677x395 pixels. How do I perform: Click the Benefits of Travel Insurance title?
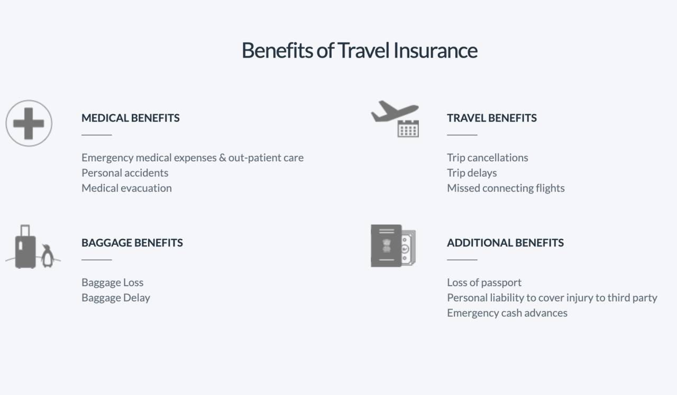[x=359, y=50]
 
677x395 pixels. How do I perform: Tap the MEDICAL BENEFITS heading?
[x=130, y=118]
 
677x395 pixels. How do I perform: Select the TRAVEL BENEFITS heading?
[x=491, y=118]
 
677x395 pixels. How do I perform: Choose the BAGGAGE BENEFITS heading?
[x=132, y=243]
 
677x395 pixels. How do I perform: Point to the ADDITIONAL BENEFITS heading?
[x=505, y=243]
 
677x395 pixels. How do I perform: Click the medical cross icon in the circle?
[x=29, y=123]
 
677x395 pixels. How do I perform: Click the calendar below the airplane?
[x=408, y=129]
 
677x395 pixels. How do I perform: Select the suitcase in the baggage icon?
[x=25, y=248]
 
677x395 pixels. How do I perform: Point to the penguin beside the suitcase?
[x=48, y=256]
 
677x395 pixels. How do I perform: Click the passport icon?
[x=386, y=246]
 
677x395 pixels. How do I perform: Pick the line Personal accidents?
[x=125, y=173]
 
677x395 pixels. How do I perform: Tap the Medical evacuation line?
[x=126, y=188]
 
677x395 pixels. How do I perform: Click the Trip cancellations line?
[x=487, y=158]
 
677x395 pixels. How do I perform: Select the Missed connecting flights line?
[x=506, y=188]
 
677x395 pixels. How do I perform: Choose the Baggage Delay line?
[x=116, y=298]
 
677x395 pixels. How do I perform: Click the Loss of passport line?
[x=484, y=282]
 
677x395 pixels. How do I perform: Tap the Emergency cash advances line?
[x=507, y=313]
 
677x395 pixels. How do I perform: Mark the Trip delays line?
[x=472, y=173]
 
